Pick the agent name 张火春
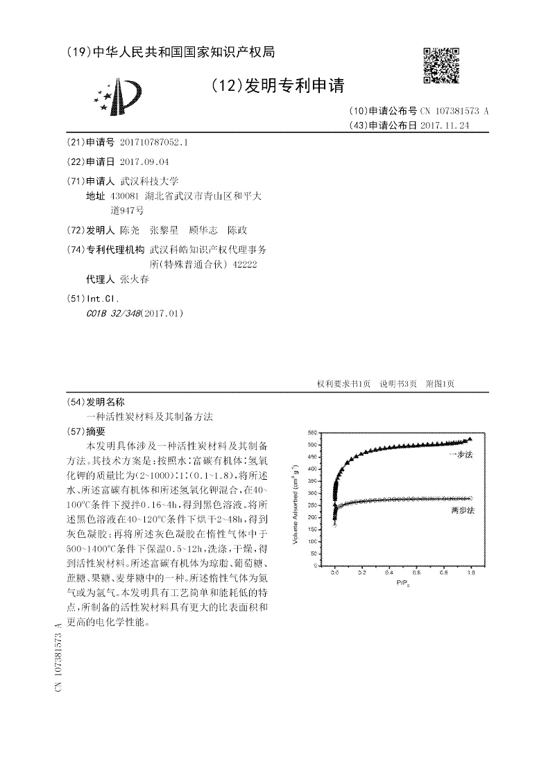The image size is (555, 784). click(x=134, y=279)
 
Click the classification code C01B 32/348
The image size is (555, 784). click(x=113, y=313)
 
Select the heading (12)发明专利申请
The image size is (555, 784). click(x=276, y=86)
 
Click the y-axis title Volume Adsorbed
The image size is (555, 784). click(x=296, y=500)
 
